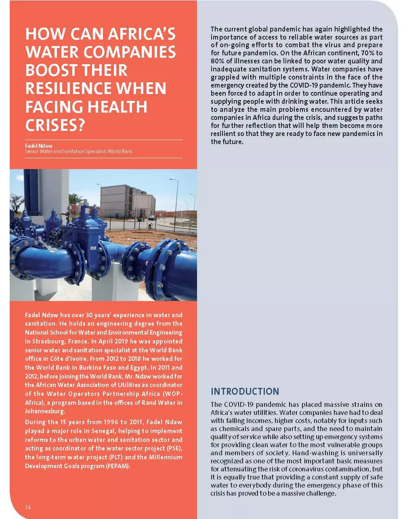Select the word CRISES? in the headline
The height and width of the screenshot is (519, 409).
[55, 125]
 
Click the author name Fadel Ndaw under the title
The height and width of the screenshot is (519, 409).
[39, 145]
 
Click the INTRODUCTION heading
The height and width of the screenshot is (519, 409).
[245, 391]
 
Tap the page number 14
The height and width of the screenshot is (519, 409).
[28, 507]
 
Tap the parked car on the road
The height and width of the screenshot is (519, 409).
[152, 218]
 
